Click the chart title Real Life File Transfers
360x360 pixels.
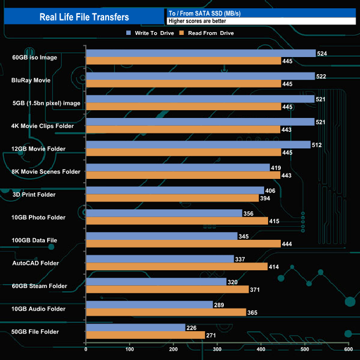pyautogui.click(x=84, y=17)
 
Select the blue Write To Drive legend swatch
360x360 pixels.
pyautogui.click(x=128, y=33)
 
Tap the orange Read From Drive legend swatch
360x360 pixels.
pyautogui.click(x=181, y=33)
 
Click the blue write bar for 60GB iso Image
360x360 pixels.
pyautogui.click(x=200, y=53)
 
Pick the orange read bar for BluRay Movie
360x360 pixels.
pyautogui.click(x=184, y=84)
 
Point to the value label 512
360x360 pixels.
pyautogui.click(x=317, y=145)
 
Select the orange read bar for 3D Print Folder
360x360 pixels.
pyautogui.click(x=172, y=198)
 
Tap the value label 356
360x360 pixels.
pyautogui.click(x=249, y=214)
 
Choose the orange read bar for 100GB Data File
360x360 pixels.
pyautogui.click(x=183, y=244)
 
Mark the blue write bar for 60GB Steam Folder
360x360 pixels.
pyautogui.click(x=156, y=282)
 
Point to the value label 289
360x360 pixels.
pyautogui.click(x=219, y=305)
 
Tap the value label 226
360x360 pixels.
pyautogui.click(x=192, y=328)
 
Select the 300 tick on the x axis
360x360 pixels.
pyautogui.click(x=217, y=349)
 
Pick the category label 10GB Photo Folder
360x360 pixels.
pyautogui.click(x=39, y=218)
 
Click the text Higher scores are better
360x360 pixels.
pyautogui.click(x=194, y=21)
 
